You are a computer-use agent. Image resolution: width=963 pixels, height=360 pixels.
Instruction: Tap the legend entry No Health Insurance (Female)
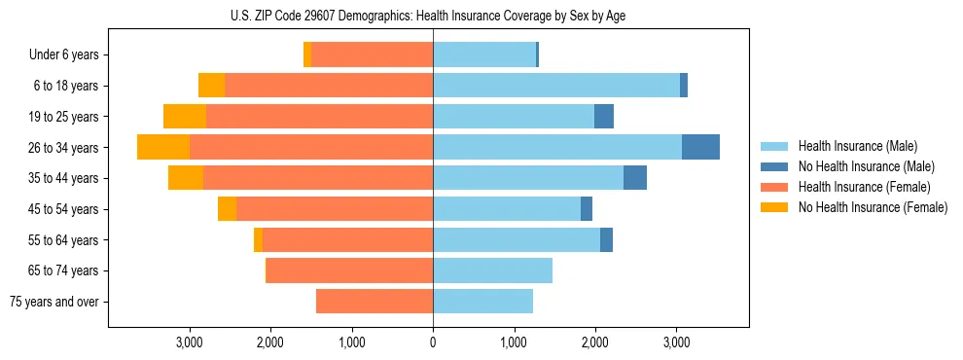(873, 207)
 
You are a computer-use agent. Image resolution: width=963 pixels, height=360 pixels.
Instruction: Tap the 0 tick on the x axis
(433, 342)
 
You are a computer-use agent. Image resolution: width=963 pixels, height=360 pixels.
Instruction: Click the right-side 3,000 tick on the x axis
(677, 342)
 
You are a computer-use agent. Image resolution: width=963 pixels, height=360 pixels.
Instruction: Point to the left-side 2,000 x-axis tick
(269, 342)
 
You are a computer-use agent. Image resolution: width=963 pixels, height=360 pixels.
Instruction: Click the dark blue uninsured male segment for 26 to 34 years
(700, 147)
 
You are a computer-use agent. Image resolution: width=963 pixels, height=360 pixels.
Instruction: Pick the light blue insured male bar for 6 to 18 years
(556, 86)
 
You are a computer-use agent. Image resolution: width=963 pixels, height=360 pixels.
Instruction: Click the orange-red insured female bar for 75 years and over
(374, 302)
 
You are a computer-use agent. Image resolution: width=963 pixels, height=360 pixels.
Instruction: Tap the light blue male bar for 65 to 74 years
(492, 270)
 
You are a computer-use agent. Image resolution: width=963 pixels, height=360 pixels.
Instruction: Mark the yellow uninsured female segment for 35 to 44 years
(186, 178)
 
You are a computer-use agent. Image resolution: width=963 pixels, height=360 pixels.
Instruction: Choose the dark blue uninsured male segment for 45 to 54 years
(587, 209)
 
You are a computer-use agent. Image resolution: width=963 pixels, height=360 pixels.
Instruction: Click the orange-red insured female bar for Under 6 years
(372, 55)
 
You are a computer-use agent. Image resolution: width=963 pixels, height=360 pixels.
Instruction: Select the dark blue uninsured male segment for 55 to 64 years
(606, 240)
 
